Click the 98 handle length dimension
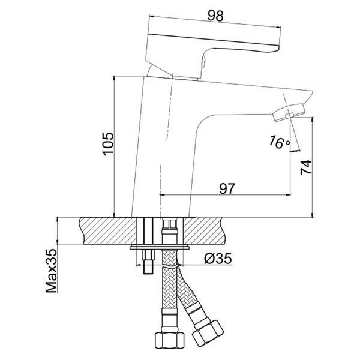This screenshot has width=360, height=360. [x=215, y=16]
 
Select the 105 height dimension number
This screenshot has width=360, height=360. [x=108, y=144]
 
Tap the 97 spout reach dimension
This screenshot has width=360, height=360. [x=227, y=188]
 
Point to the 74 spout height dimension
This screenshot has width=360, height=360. [x=306, y=167]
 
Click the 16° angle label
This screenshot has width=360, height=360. [x=279, y=142]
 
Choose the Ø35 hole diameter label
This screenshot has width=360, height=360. [x=218, y=259]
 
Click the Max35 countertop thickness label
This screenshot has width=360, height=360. [x=51, y=271]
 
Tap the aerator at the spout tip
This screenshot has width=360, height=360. [x=289, y=113]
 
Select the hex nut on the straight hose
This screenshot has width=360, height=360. [x=170, y=340]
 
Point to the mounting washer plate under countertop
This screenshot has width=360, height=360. [x=160, y=247]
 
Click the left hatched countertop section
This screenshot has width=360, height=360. [x=108, y=231]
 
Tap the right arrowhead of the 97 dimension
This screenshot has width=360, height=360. [x=288, y=195]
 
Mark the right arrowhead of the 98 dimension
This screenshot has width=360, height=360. [x=278, y=27]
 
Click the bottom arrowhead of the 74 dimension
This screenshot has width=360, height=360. [x=312, y=214]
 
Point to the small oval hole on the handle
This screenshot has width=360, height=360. [x=203, y=62]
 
